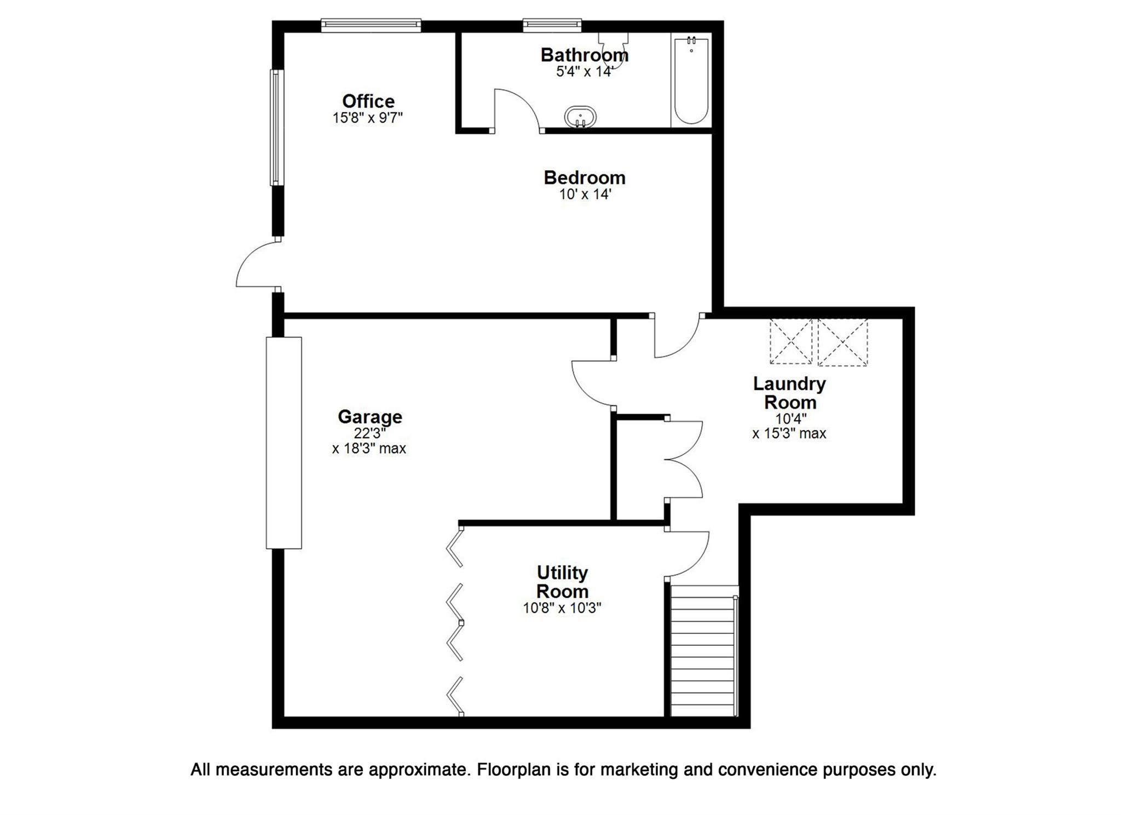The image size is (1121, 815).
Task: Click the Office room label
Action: click(368, 101)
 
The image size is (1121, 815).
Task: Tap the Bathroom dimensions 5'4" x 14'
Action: click(584, 72)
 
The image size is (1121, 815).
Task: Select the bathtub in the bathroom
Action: click(691, 80)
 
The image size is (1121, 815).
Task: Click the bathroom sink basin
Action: click(580, 116)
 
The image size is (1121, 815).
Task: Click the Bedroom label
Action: click(584, 178)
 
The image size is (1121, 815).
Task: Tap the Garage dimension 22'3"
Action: click(369, 433)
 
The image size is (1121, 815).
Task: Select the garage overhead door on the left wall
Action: click(284, 442)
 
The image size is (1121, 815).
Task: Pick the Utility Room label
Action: click(562, 582)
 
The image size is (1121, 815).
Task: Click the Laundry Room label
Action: click(789, 392)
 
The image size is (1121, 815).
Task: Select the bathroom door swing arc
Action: click(517, 109)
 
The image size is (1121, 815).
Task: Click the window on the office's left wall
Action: click(277, 127)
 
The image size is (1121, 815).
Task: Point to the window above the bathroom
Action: click(551, 25)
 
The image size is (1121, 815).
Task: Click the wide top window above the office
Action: click(371, 25)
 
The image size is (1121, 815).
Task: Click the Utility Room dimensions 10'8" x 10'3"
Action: click(562, 608)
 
